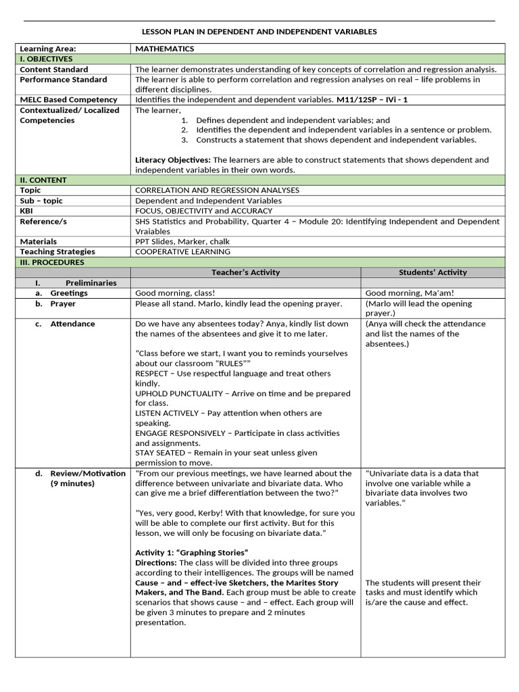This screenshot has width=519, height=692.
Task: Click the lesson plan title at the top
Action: [259, 32]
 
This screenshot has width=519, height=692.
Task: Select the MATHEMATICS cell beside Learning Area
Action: [164, 49]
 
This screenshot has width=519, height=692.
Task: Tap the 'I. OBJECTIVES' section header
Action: [46, 59]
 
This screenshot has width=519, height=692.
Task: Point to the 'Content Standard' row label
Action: [53, 70]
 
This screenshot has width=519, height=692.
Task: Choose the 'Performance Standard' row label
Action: [63, 80]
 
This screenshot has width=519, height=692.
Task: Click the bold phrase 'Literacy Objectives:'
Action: [172, 160]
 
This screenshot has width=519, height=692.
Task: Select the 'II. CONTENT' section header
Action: [43, 180]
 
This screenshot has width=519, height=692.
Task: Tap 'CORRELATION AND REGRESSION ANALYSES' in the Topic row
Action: [217, 191]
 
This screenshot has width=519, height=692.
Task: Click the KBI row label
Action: [27, 211]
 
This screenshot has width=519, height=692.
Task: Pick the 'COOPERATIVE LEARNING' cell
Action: [182, 251]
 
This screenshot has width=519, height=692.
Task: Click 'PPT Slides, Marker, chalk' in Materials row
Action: [182, 241]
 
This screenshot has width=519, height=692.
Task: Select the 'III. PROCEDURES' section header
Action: [52, 262]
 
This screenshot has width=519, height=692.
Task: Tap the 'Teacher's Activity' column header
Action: [245, 272]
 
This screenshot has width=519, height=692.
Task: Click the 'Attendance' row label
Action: [72, 324]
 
